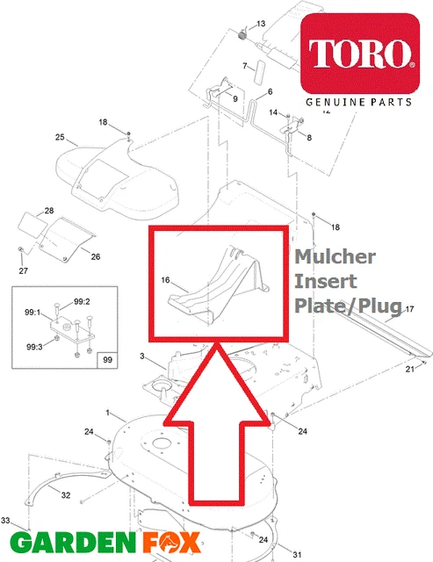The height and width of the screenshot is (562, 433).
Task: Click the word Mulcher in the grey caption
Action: tap(335, 257)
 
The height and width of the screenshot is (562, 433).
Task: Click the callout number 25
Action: tap(61, 137)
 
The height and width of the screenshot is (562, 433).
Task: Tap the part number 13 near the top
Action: tap(260, 22)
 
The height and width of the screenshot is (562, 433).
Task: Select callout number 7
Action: tap(245, 66)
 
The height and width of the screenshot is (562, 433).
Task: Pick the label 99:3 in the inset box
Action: tap(33, 347)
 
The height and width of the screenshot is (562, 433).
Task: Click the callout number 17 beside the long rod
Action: tap(408, 310)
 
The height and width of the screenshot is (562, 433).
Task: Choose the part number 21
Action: tap(409, 370)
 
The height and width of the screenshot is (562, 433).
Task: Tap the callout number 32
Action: tap(65, 495)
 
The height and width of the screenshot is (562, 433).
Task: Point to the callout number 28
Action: tap(49, 212)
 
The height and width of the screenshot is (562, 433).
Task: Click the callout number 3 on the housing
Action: tap(141, 356)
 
